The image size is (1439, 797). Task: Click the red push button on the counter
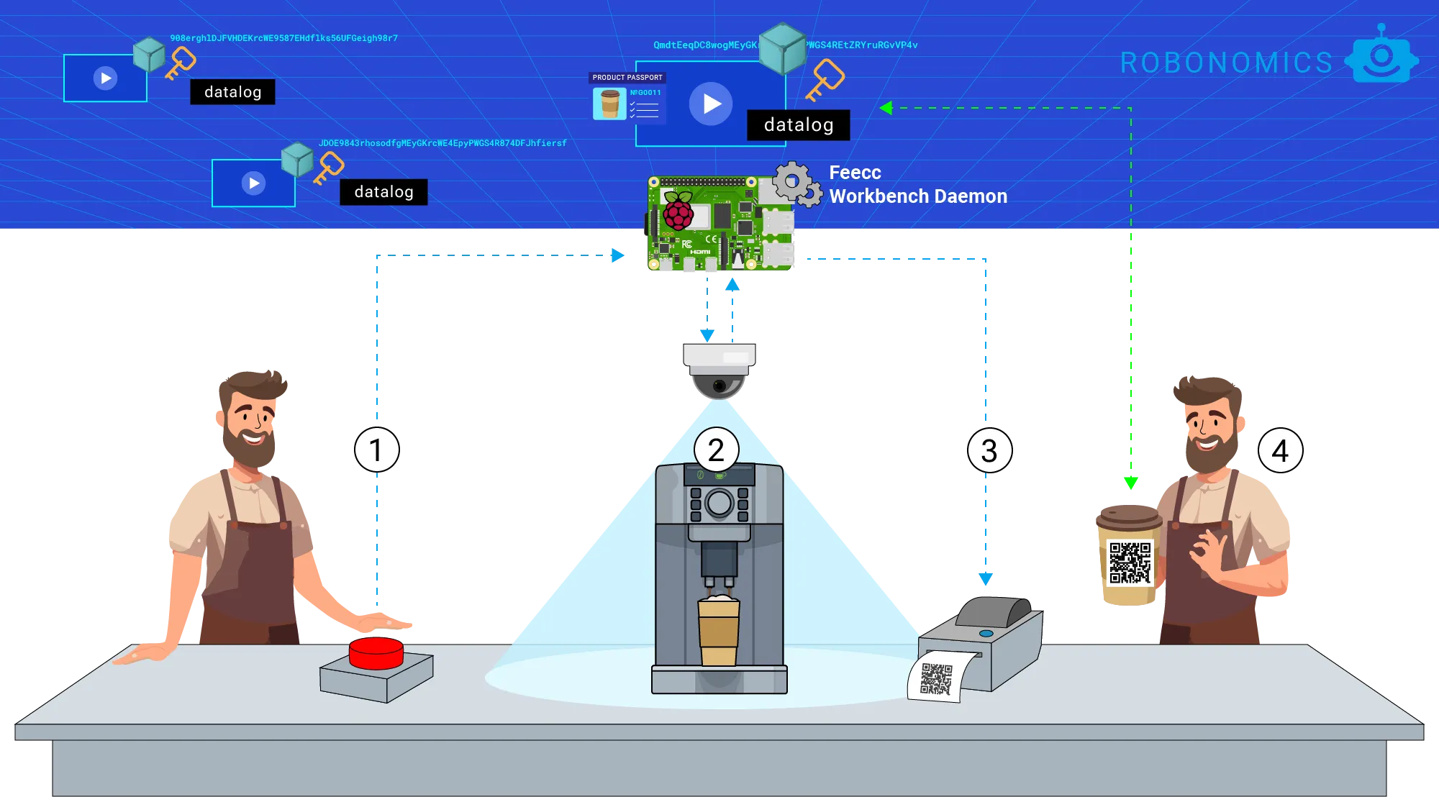[376, 651]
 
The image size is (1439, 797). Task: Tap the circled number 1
[376, 450]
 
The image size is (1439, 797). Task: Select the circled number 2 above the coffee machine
[716, 450]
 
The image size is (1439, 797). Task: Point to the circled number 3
[989, 451]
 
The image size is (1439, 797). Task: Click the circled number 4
[1280, 451]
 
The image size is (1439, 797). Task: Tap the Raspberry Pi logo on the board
[678, 210]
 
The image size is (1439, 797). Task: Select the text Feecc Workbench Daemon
[917, 184]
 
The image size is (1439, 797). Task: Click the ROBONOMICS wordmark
[1226, 63]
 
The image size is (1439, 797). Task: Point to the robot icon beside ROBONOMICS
[1381, 58]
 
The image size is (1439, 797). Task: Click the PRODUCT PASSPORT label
[627, 78]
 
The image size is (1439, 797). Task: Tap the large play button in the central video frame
[711, 104]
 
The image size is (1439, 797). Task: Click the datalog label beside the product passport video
[799, 125]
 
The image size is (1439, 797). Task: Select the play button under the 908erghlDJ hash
[106, 78]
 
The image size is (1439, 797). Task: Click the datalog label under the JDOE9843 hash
[383, 192]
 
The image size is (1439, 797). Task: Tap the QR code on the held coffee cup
[1130, 563]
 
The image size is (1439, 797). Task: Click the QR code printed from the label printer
[936, 679]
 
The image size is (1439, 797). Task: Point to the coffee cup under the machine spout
[718, 631]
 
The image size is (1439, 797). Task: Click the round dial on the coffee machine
[719, 503]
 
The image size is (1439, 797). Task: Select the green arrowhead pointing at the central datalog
[886, 108]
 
